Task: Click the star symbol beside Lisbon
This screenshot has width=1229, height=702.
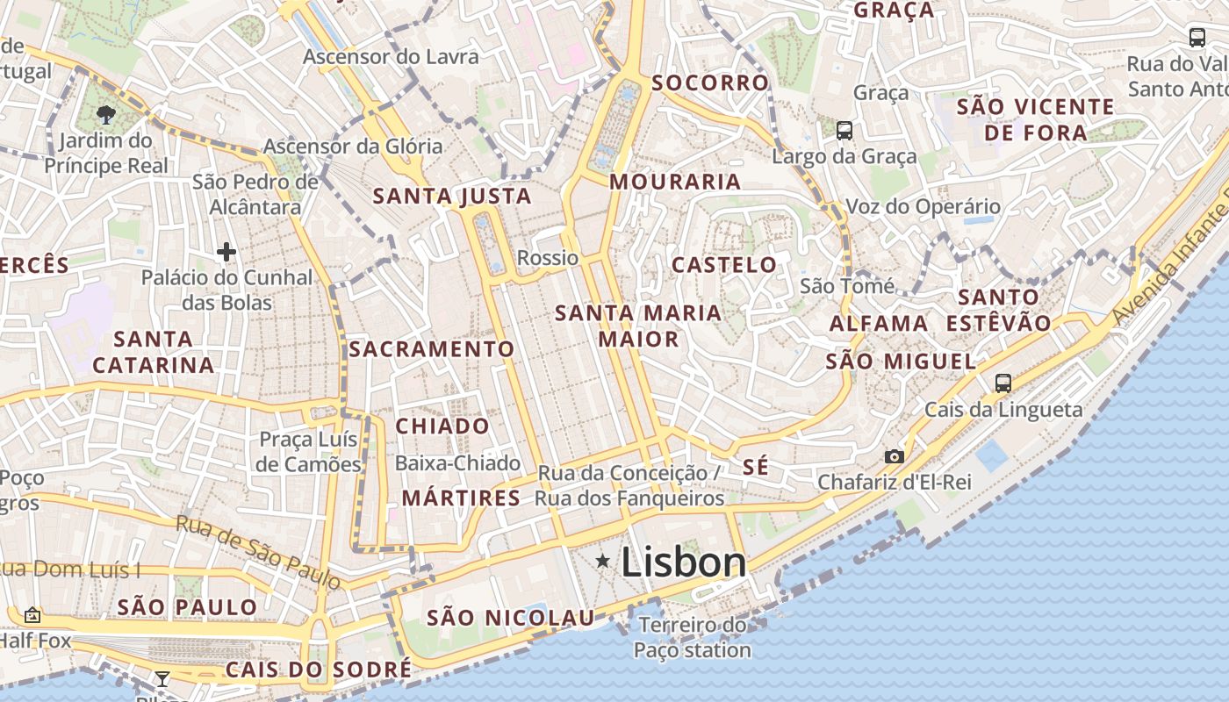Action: coord(602,561)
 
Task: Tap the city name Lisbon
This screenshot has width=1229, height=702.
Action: coord(684,562)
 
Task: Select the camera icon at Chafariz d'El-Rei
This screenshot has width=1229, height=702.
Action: coord(895,456)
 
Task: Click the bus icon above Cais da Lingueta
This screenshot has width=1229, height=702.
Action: coord(1003,383)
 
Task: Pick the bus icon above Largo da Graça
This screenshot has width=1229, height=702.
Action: coord(844,131)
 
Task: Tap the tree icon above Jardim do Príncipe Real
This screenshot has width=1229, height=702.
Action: coord(106,114)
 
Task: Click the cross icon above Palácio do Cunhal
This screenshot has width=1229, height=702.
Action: coord(226,253)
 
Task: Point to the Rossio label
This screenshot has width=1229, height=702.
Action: coord(548,258)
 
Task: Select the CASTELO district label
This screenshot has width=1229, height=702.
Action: coord(724,265)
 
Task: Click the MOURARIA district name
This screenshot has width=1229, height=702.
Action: coord(675,183)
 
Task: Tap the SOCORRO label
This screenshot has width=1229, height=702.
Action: coord(710,83)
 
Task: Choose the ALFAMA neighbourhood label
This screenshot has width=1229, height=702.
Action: coord(879,324)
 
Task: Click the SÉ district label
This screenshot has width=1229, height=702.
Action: coord(755,467)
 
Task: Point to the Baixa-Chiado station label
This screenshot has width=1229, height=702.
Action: coord(457,463)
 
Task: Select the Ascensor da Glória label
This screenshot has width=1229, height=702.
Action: coord(353,147)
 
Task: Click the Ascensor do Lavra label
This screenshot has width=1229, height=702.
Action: coord(392,57)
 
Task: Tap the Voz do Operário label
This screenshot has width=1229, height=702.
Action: coord(923,207)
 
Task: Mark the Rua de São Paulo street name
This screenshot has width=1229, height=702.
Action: coord(258,551)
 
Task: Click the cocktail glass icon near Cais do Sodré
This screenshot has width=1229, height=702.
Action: coord(162,678)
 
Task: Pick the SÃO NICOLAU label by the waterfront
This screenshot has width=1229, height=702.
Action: coord(511,618)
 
